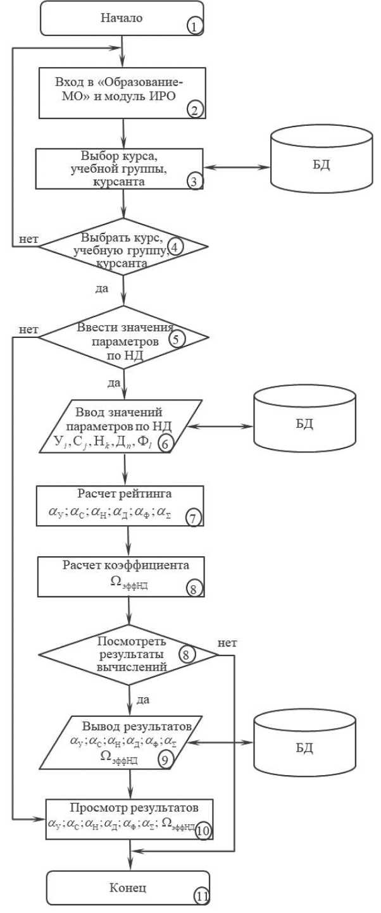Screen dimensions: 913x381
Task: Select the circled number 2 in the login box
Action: pyautogui.click(x=194, y=109)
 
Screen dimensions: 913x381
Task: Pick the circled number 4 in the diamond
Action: pyautogui.click(x=176, y=246)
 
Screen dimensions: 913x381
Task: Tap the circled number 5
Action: pyautogui.click(x=176, y=338)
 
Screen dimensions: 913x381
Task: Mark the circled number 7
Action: pyautogui.click(x=193, y=518)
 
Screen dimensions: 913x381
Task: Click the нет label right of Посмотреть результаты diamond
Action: pyautogui.click(x=227, y=643)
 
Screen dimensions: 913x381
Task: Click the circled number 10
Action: pyautogui.click(x=202, y=830)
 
